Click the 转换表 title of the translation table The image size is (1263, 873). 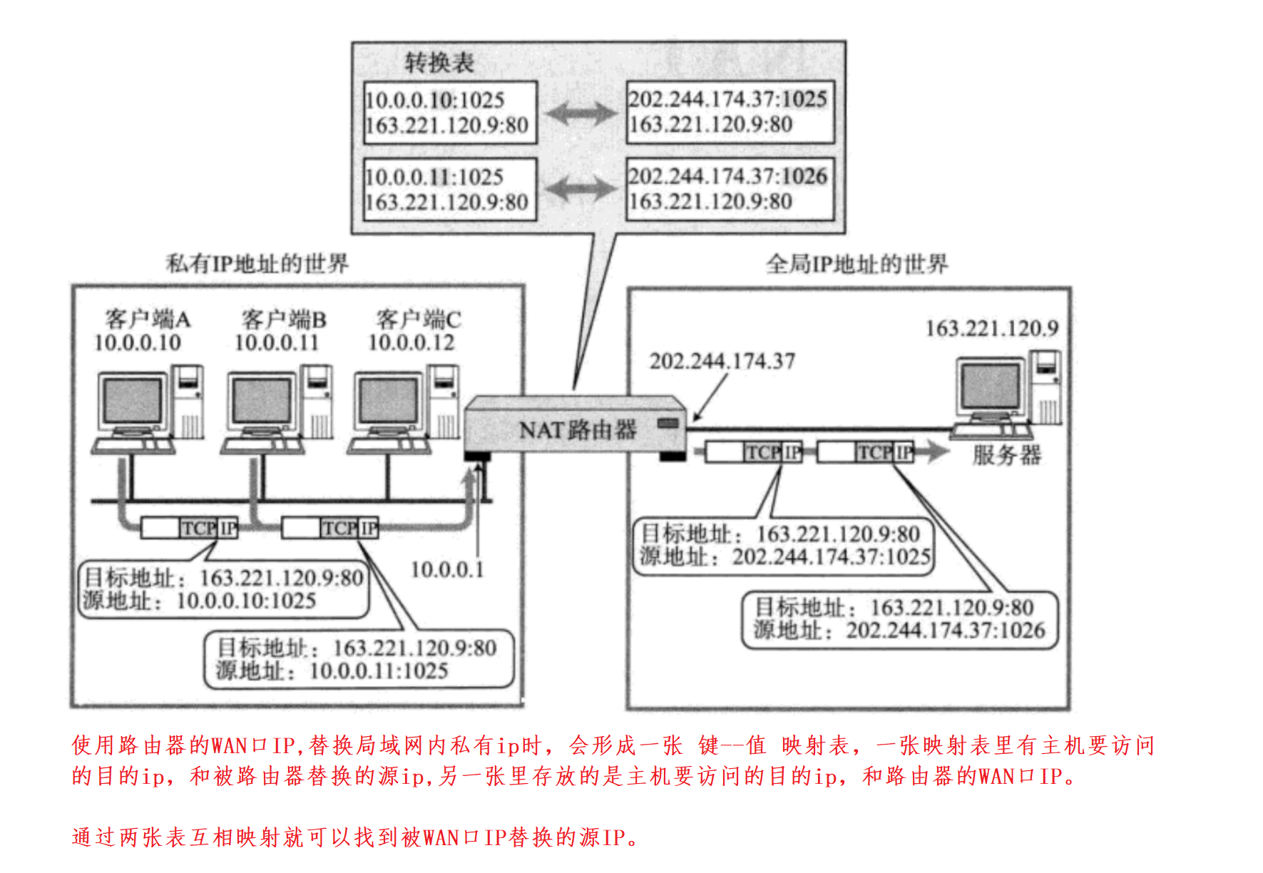[439, 63]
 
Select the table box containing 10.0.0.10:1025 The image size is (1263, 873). [449, 113]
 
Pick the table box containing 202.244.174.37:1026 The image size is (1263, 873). [730, 189]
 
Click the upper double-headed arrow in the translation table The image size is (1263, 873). [581, 113]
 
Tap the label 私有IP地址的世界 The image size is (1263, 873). [257, 264]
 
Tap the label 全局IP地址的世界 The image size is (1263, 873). [857, 265]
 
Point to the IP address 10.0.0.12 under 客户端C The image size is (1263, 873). [411, 343]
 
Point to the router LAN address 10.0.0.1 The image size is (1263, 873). [447, 570]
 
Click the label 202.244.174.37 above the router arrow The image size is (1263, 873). [722, 362]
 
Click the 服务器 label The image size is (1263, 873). [1006, 455]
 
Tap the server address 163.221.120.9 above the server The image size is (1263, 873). [991, 329]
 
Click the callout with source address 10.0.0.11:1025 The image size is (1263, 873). [359, 660]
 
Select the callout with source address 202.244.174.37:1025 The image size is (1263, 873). [783, 546]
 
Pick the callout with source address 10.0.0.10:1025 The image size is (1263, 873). [223, 589]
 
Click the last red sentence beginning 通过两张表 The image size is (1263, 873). [355, 837]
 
